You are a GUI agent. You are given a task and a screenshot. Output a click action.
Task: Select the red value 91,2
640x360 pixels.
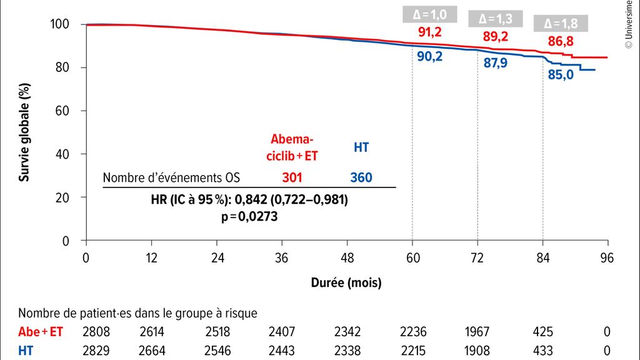click(x=432, y=32)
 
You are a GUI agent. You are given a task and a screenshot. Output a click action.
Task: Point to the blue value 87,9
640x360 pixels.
click(x=496, y=63)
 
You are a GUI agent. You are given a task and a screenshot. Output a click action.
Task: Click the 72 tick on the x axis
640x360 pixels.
click(x=477, y=257)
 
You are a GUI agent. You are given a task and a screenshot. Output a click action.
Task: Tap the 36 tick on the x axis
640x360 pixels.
click(x=282, y=257)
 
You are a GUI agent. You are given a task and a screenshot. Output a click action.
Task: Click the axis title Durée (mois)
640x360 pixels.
click(x=346, y=282)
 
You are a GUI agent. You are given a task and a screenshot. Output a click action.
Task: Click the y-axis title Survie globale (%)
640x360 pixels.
click(x=24, y=132)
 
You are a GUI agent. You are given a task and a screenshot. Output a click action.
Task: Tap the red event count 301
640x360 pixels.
click(x=292, y=178)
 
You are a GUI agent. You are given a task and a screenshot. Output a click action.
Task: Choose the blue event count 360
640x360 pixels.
click(x=361, y=178)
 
